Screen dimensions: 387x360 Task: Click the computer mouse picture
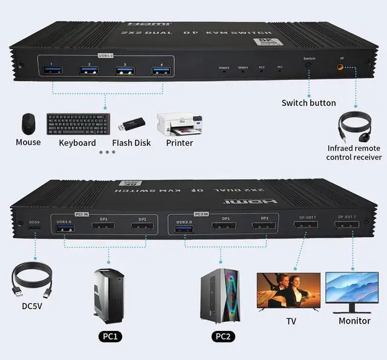28,124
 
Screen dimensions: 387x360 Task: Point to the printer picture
177,125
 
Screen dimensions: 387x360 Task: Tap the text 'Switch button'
308,103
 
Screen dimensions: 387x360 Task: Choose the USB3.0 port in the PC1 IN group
64,229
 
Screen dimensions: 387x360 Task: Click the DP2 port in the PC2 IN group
264,227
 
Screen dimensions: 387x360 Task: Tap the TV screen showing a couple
288,291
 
